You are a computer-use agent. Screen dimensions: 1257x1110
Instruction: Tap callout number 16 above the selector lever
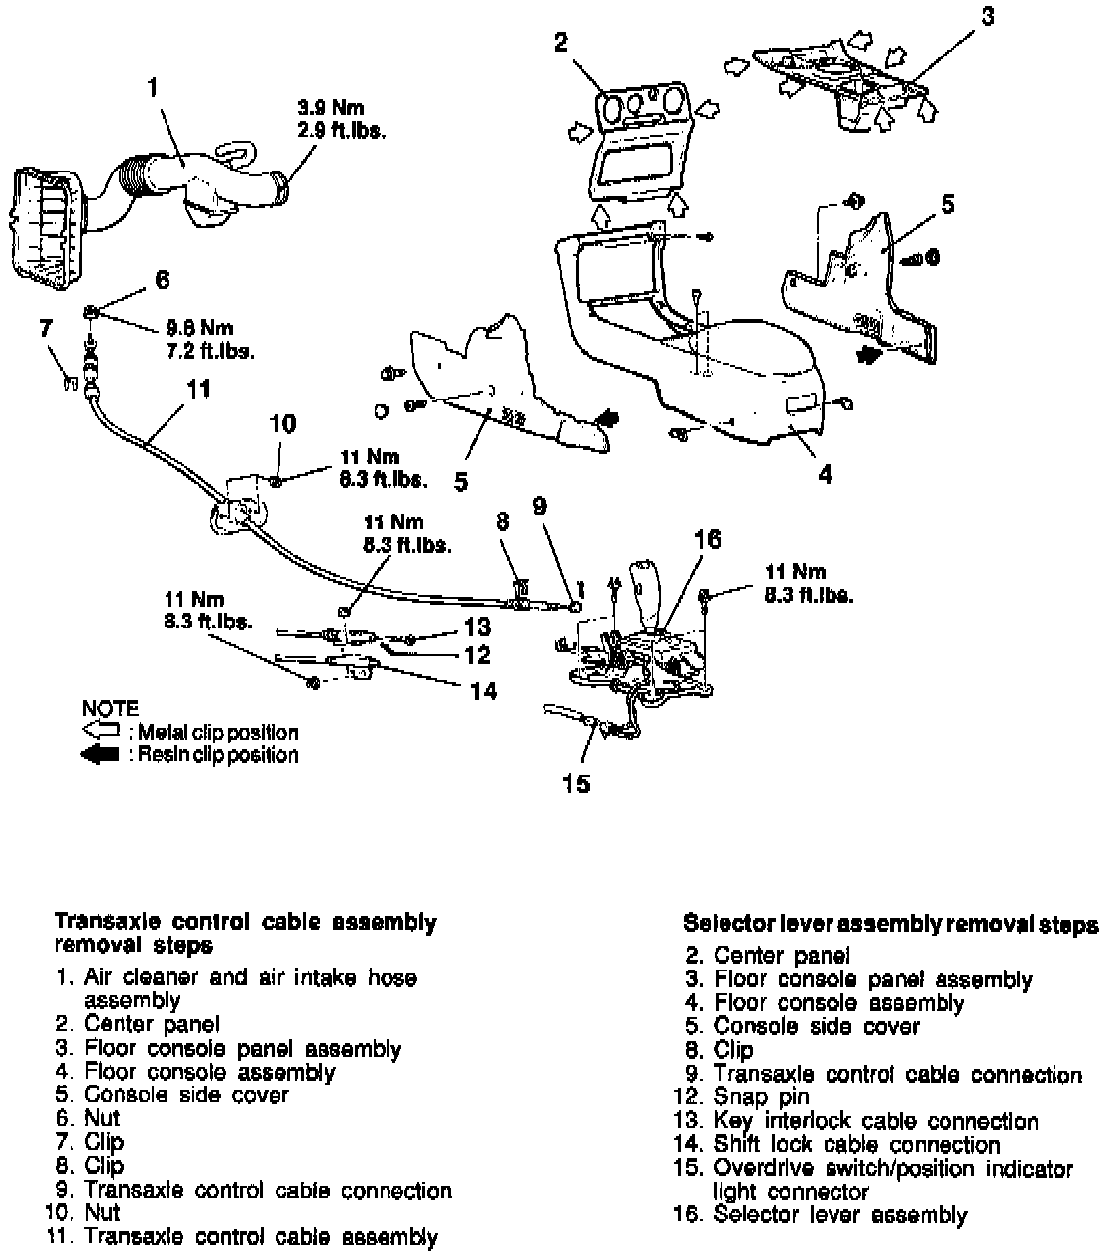(708, 539)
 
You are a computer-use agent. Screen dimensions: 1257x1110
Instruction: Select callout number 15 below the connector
(576, 784)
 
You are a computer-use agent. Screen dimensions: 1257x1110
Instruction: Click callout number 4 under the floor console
(825, 474)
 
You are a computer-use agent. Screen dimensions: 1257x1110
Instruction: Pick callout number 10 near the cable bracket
(282, 424)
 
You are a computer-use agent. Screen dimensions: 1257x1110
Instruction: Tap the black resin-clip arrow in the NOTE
(103, 755)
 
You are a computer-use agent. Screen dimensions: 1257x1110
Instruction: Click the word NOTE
(110, 709)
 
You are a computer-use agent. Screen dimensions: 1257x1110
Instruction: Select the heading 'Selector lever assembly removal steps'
(891, 925)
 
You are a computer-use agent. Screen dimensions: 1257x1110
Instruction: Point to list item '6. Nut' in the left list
(89, 1119)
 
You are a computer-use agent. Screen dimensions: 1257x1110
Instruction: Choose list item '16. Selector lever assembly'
(820, 1215)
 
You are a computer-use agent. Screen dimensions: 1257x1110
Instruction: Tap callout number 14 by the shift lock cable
(483, 690)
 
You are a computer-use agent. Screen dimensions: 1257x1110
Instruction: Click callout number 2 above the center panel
(561, 42)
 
